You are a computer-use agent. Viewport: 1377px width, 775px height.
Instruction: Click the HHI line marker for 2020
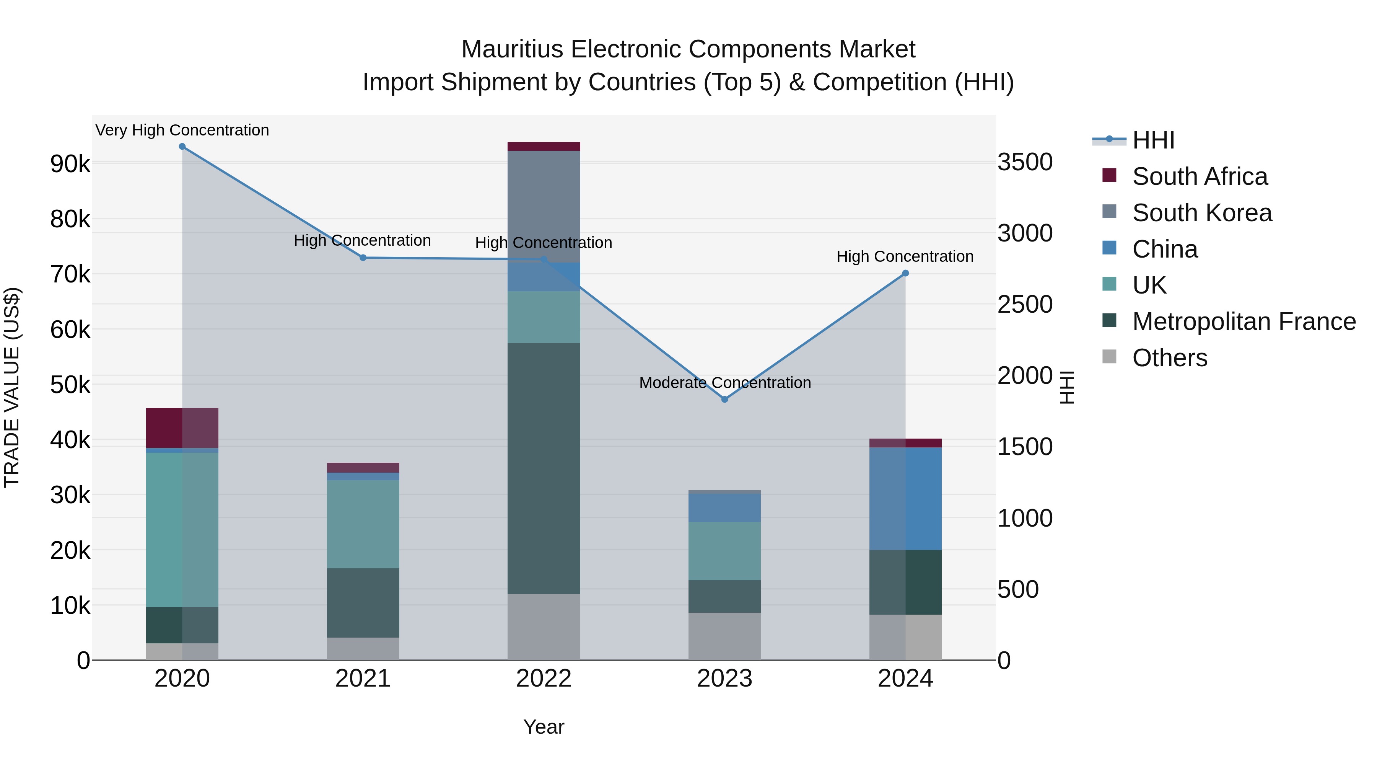[x=182, y=147]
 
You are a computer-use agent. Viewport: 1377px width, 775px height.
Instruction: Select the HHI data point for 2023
[x=725, y=400]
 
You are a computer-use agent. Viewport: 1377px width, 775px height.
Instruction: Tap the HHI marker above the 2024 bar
[x=905, y=273]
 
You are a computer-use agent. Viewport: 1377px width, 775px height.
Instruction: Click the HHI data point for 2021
[x=363, y=258]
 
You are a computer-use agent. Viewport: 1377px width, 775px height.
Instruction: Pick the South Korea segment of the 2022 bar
[x=544, y=206]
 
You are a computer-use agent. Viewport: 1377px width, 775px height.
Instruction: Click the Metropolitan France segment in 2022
[x=544, y=468]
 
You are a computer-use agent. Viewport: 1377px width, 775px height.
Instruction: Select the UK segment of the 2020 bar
[x=182, y=530]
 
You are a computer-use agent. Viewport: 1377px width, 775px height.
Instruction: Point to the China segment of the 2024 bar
[x=905, y=498]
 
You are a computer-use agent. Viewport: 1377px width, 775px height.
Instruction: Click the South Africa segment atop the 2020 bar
[x=182, y=428]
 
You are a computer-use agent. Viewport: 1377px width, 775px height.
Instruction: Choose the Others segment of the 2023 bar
[x=725, y=636]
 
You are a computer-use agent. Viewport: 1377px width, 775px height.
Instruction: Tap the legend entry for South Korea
[x=1202, y=213]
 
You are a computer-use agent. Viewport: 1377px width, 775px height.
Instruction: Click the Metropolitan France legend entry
[x=1244, y=321]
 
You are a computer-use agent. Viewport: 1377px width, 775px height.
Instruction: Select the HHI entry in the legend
[x=1153, y=140]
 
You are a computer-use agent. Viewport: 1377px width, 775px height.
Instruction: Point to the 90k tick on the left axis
[x=70, y=164]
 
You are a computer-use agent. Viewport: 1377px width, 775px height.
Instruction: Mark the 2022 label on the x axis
[x=544, y=679]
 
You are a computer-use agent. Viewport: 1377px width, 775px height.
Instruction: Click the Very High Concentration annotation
[x=182, y=130]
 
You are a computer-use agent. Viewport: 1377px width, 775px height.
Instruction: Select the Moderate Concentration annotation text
[x=725, y=383]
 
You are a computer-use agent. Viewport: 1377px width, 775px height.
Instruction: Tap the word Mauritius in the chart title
[x=511, y=49]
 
